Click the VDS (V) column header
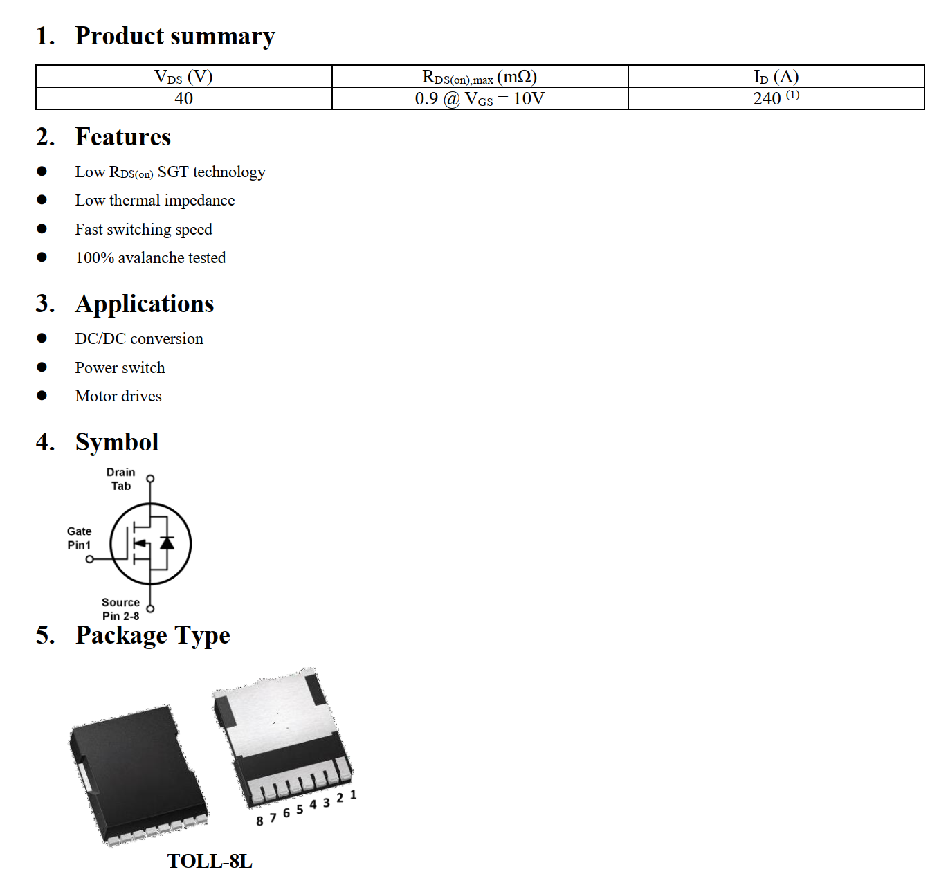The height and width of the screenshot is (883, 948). coord(183,76)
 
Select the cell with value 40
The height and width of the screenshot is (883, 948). coord(183,98)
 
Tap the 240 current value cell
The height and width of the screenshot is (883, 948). coord(776,98)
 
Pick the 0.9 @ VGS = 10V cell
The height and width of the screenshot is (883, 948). coord(480,98)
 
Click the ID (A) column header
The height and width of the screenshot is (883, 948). coord(776,76)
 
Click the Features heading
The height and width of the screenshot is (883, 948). coord(122,137)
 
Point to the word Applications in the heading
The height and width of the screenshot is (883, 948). coord(145,304)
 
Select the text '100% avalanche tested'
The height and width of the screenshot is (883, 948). coord(150,257)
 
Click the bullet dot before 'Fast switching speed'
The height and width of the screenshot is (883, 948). coord(42,229)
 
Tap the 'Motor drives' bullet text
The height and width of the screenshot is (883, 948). coord(118,396)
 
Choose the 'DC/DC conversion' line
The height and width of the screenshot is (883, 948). coord(139,338)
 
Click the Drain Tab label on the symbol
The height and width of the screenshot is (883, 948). coord(121,479)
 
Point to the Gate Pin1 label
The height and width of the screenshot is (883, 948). coord(79,538)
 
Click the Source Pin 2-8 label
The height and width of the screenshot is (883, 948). coord(120,609)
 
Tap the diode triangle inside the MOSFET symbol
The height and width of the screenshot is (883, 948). coord(167,542)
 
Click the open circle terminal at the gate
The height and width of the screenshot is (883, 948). coord(89,559)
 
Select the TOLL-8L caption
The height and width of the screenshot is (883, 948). coord(210,861)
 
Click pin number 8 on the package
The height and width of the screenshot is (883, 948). coord(259,821)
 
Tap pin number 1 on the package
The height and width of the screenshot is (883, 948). coord(353,795)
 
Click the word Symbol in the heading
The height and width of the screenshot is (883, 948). coord(117,442)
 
